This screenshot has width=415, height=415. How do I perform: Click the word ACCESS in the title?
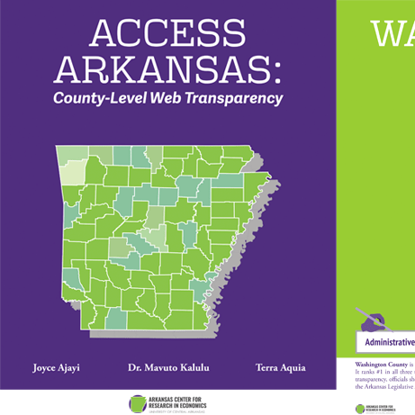click(167, 33)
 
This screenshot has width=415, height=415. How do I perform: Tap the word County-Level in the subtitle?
click(102, 97)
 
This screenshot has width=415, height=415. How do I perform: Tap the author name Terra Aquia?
click(280, 367)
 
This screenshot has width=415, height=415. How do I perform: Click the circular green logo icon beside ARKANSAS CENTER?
click(137, 403)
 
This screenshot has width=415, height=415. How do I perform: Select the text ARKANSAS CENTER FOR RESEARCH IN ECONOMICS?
click(178, 403)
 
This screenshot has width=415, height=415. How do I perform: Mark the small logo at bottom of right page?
click(361, 408)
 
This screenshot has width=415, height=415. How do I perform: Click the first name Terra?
click(267, 367)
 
